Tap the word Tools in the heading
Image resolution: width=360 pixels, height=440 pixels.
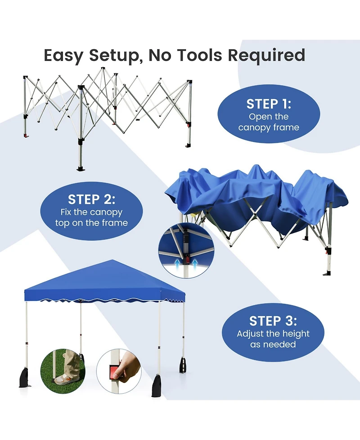click(x=195, y=55)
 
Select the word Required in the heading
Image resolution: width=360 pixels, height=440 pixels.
click(x=266, y=55)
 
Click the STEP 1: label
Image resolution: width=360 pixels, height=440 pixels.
click(x=269, y=104)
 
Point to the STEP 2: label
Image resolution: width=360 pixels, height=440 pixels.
click(x=91, y=199)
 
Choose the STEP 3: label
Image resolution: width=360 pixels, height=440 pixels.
click(x=273, y=321)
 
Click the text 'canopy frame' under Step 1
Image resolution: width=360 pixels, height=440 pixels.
click(x=269, y=127)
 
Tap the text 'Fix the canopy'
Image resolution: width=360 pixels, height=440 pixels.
click(x=91, y=212)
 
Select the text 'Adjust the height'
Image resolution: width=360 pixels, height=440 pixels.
click(x=273, y=334)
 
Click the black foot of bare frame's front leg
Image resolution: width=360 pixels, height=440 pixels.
click(x=81, y=169)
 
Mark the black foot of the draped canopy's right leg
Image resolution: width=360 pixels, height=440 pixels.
click(x=327, y=272)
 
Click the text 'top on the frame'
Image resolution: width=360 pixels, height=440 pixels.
click(x=91, y=223)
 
